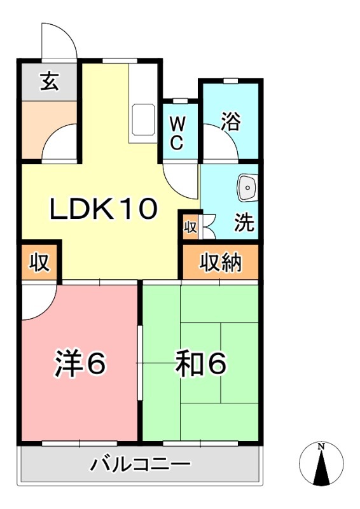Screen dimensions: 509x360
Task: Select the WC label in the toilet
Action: [177, 132]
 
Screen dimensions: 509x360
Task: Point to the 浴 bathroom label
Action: [231, 121]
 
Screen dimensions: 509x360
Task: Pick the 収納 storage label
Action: [221, 262]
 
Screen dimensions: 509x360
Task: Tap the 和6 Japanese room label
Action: [201, 363]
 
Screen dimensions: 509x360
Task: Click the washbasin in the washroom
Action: [247, 188]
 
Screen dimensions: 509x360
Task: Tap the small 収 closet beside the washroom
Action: [190, 226]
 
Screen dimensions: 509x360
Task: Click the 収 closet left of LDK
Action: [39, 262]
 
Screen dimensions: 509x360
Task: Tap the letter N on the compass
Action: [321, 447]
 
